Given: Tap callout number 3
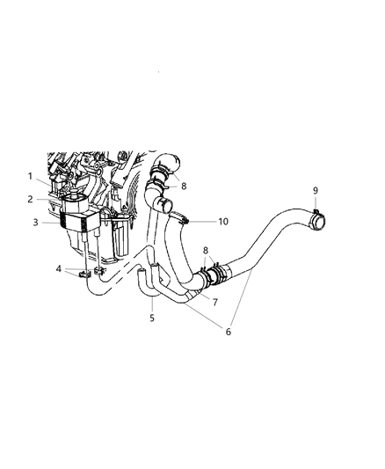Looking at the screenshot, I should [x=36, y=224].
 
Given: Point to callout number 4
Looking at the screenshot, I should [x=59, y=269].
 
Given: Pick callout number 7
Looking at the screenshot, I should [x=214, y=301].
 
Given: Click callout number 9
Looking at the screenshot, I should [x=315, y=191].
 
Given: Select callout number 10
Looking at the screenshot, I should [x=222, y=222].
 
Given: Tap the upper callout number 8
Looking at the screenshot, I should [x=183, y=187].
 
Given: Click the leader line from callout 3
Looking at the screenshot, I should [x=51, y=224].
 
